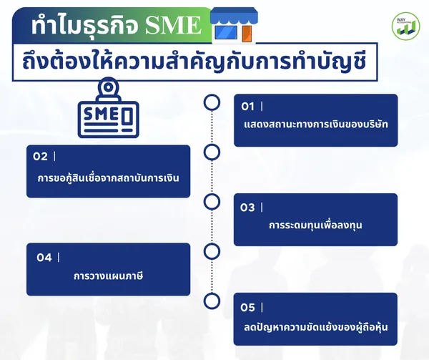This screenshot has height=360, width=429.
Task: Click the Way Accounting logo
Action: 405,26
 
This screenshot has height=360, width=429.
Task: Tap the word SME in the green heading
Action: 173,26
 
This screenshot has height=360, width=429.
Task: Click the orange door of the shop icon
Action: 247,34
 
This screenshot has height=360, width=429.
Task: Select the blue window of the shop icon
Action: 226,33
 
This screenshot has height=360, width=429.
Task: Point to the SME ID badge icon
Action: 109,107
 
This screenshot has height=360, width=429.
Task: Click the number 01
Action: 247,107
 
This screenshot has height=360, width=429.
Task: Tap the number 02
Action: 40,156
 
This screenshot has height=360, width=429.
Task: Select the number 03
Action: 247,208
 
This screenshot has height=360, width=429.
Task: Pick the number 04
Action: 44,258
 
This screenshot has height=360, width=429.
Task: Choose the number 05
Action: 247,308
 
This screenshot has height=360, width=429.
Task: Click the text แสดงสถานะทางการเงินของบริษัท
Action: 316,125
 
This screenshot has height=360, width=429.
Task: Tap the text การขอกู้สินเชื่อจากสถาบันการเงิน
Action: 109,178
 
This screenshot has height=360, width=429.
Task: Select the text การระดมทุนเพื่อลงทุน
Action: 315,225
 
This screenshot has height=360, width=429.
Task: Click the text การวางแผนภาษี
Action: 109,276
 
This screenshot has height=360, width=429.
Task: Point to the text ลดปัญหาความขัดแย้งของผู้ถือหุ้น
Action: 316,327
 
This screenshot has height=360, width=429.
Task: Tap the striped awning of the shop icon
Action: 234,16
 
